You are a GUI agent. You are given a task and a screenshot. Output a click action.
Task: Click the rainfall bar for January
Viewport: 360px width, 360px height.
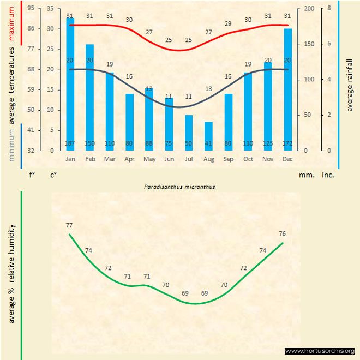[x=70, y=82]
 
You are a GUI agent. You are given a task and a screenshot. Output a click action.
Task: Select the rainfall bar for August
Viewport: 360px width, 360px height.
[x=208, y=136]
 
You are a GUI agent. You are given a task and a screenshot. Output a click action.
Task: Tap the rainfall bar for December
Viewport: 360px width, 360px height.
[x=287, y=87]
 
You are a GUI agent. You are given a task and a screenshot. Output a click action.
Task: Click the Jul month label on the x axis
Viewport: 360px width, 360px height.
[x=189, y=159]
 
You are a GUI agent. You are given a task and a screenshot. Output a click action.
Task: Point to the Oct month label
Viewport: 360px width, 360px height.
[x=248, y=159]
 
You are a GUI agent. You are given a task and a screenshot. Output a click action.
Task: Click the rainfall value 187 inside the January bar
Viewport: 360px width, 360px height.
[x=70, y=143]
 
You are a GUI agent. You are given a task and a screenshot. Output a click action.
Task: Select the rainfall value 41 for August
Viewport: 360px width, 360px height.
[x=208, y=143]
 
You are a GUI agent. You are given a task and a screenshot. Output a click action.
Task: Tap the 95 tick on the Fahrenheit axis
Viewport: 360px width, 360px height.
[x=31, y=9]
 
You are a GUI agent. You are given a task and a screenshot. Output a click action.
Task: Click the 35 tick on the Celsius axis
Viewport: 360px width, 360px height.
[x=50, y=9]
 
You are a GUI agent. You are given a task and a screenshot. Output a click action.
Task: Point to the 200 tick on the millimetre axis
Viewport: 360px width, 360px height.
[x=309, y=9]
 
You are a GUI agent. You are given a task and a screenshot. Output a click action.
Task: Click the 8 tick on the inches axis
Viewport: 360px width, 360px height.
[x=329, y=9]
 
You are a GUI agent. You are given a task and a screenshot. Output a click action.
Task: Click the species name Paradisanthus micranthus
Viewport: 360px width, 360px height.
[x=179, y=187]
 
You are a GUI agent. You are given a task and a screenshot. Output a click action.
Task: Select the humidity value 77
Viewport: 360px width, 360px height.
[x=69, y=225]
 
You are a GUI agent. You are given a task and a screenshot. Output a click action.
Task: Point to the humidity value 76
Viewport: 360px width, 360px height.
[x=282, y=234]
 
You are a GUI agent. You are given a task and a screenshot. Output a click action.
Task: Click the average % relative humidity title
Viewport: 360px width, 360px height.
[x=12, y=273]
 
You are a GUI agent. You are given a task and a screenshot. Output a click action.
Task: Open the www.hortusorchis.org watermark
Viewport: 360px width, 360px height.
[x=320, y=351]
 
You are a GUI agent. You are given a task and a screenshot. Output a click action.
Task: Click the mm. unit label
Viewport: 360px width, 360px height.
[x=305, y=175]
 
